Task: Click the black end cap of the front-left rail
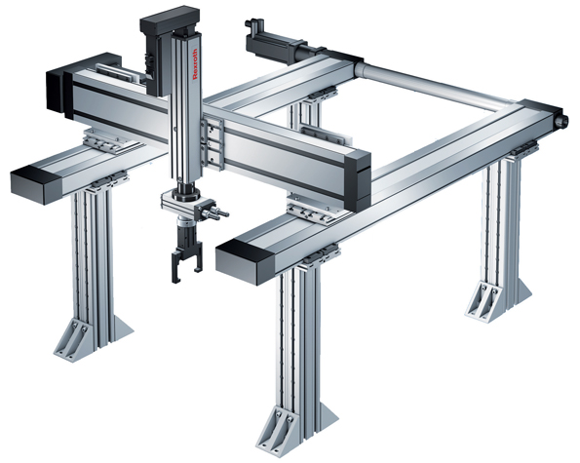point(34,181)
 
